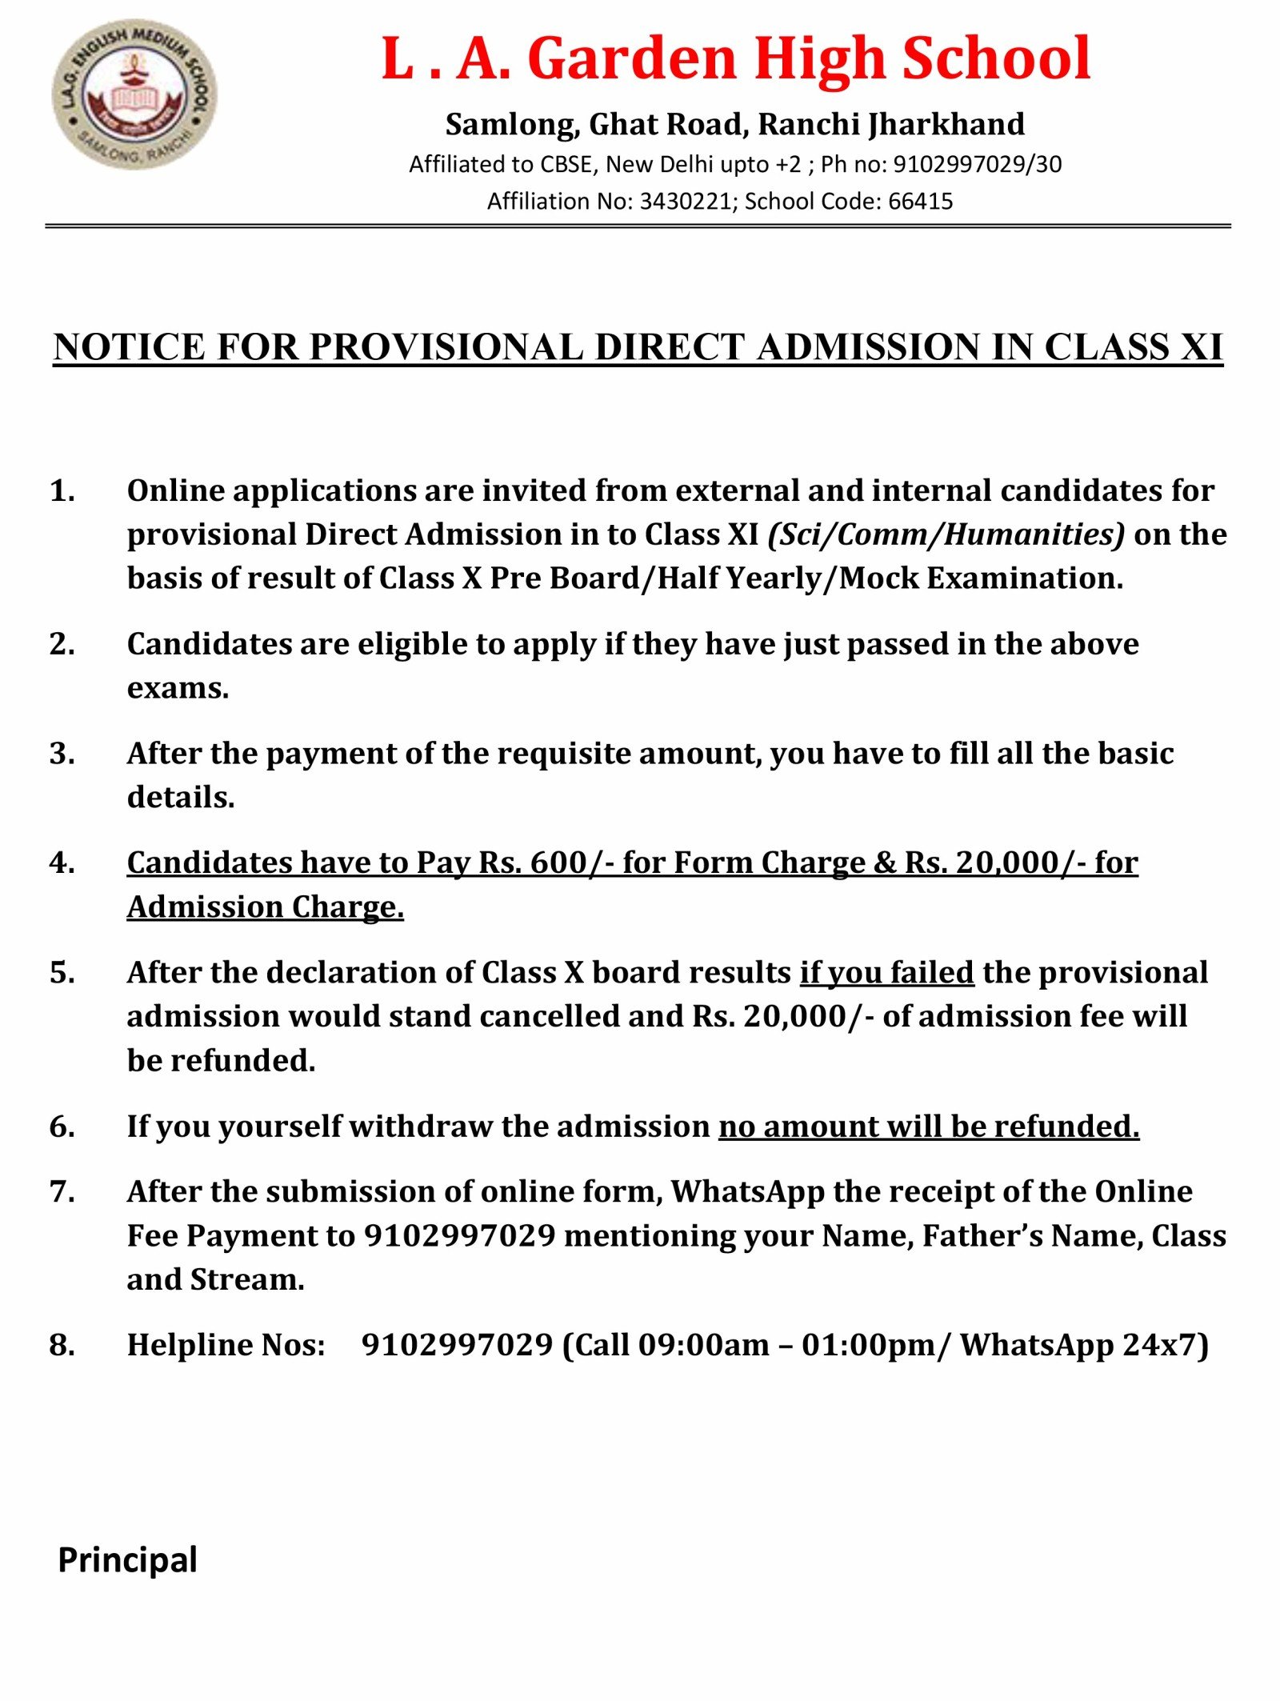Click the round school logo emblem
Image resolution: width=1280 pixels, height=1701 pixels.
pyautogui.click(x=134, y=94)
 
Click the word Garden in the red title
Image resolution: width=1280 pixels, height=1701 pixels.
pyautogui.click(x=631, y=59)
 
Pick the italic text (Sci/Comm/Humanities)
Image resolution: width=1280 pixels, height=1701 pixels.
pyautogui.click(x=946, y=534)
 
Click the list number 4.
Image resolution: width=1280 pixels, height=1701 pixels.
pyautogui.click(x=62, y=863)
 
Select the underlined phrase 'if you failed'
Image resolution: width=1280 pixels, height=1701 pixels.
pyautogui.click(x=886, y=972)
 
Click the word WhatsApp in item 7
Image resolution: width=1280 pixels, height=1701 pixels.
pyautogui.click(x=747, y=1191)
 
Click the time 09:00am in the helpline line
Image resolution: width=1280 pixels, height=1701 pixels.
pyautogui.click(x=703, y=1345)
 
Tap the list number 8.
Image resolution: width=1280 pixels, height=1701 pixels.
pyautogui.click(x=62, y=1345)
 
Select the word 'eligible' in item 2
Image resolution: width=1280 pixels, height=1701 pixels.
pyautogui.click(x=411, y=644)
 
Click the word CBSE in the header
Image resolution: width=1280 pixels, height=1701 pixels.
pyautogui.click(x=566, y=165)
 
